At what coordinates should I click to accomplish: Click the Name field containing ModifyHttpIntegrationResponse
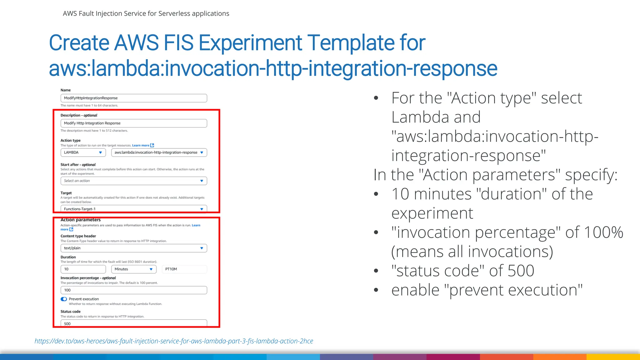tap(133, 98)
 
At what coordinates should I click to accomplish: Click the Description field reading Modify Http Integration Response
tap(133, 123)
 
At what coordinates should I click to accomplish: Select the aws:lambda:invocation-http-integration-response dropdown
tap(159, 152)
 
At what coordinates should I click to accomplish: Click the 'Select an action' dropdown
tap(133, 181)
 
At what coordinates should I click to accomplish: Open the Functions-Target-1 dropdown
tap(133, 209)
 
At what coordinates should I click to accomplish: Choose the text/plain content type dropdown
tap(133, 248)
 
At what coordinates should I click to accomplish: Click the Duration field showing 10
tap(83, 269)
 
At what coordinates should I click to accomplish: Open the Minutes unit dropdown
tap(133, 269)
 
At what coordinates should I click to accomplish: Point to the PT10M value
tap(171, 269)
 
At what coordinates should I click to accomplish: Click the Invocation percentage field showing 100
tap(133, 290)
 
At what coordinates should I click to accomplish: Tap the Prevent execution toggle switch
tap(64, 299)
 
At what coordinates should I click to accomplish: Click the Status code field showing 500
tap(133, 323)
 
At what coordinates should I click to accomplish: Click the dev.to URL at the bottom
tap(174, 341)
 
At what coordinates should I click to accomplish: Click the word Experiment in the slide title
tap(250, 43)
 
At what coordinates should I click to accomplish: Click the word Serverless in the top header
tap(174, 13)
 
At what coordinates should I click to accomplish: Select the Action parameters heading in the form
tap(81, 220)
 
